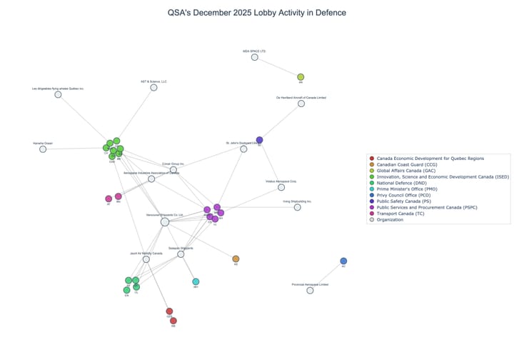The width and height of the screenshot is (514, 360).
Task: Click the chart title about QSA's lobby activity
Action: pos(256,13)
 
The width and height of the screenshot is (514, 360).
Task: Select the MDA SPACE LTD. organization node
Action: pos(254,57)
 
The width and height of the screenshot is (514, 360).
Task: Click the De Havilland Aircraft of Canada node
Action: pos(301,104)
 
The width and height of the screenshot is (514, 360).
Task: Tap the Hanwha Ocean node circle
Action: pos(43,149)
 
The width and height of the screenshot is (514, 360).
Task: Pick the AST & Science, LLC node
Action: pos(153,87)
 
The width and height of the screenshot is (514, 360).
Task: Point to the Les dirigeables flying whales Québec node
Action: pos(58,94)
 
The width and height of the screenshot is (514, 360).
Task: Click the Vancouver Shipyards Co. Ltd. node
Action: pos(165,222)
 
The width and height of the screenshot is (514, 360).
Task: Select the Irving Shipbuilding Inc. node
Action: pos(298,207)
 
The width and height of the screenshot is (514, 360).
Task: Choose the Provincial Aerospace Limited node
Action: pos(310,291)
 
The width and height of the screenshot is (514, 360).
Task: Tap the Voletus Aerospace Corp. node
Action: pos(281,187)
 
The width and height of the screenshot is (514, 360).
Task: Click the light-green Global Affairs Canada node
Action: pos(301,77)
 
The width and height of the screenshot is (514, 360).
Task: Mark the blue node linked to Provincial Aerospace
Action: pos(343,261)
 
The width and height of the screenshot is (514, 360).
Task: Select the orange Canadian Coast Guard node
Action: pos(236,259)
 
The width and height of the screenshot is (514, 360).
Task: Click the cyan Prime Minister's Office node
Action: pos(196,282)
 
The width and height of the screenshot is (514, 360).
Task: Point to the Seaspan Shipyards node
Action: pos(181,254)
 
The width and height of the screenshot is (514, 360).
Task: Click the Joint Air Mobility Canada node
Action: pos(146,259)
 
